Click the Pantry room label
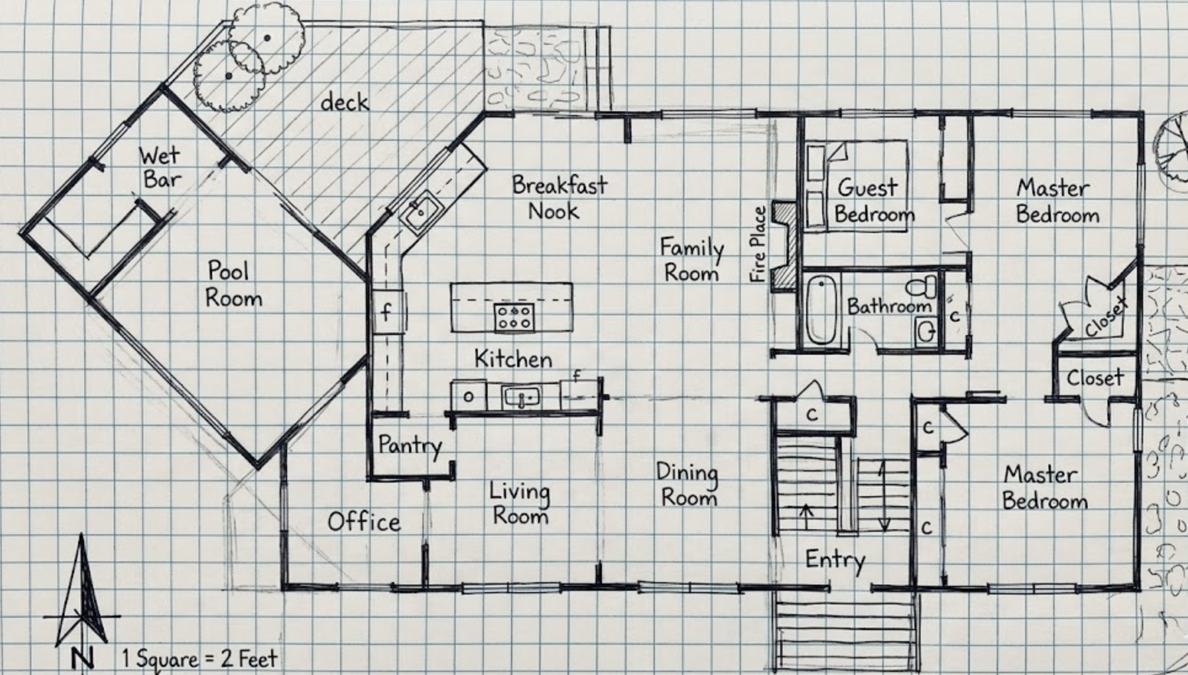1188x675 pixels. point(410,445)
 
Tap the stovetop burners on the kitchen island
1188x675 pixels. point(514,317)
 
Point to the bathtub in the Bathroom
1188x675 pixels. point(821,309)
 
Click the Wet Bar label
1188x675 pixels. point(160,167)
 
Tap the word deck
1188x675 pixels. point(344,102)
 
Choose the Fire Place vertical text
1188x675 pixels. point(758,244)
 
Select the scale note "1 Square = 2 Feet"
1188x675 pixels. point(199,659)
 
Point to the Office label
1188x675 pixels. point(364,522)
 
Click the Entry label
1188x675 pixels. point(835,560)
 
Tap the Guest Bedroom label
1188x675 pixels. point(873,200)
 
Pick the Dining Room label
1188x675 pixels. point(687,484)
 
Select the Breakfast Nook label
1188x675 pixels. point(559,198)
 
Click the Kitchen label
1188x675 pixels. point(513,359)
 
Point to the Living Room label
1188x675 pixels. point(520,503)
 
